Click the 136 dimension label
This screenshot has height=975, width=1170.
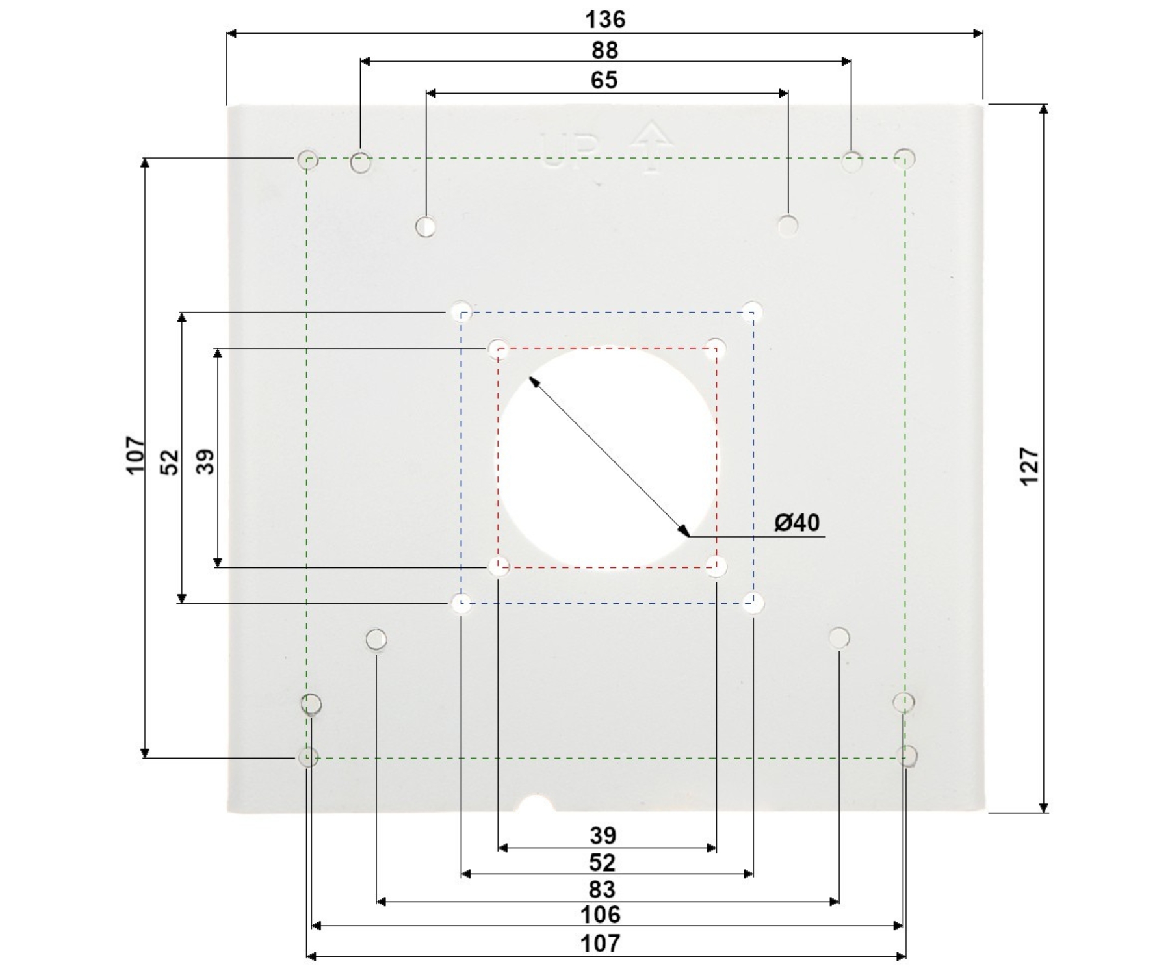[605, 19]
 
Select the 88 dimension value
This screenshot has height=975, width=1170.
[605, 50]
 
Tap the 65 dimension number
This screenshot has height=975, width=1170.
[604, 80]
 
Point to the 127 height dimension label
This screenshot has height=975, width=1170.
[1030, 465]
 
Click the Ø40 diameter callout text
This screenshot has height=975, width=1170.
[797, 522]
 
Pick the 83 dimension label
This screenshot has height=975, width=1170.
[603, 889]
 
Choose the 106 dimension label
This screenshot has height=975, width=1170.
[601, 915]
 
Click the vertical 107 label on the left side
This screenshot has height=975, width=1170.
[135, 456]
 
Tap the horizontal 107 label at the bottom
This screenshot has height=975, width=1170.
[601, 943]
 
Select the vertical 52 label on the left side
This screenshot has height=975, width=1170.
[170, 462]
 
